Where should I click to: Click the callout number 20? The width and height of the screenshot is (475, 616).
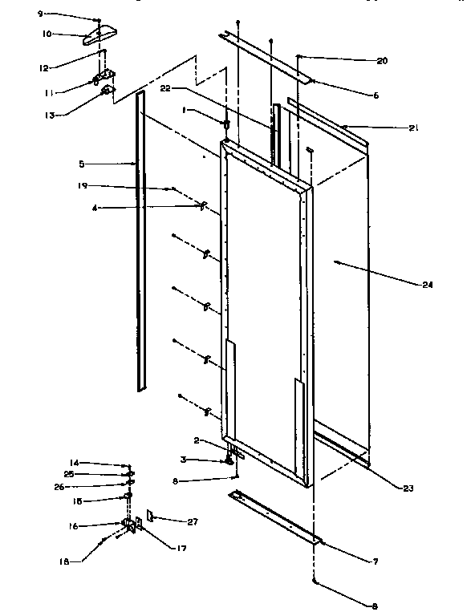click(381, 60)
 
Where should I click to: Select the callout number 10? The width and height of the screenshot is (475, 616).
click(47, 34)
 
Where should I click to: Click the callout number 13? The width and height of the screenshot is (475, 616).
click(50, 114)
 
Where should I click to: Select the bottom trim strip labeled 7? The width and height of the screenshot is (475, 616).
click(273, 517)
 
